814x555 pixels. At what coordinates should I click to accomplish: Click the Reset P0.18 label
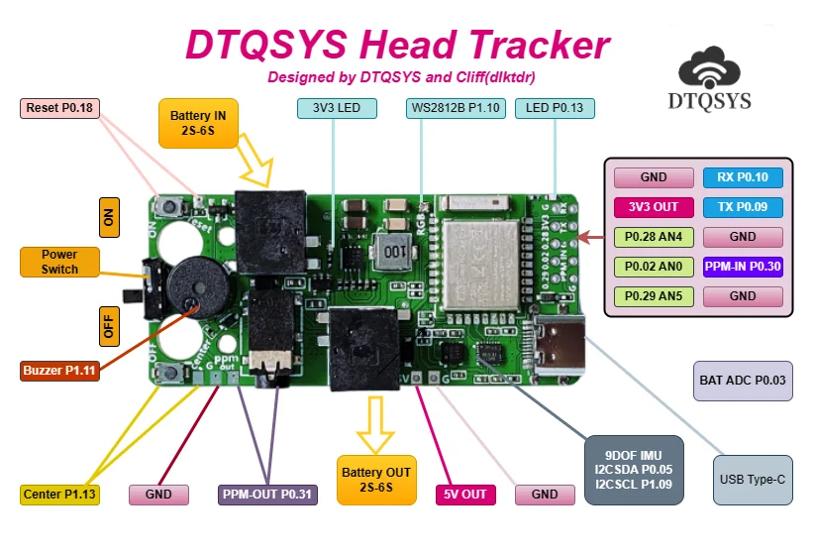tap(60, 108)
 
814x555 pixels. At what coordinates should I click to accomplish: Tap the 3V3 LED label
tap(336, 108)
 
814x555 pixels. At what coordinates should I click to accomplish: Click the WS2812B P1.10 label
tap(456, 108)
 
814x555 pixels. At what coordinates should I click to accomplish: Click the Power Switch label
tap(59, 262)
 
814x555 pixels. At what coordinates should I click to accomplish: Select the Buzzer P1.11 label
tap(59, 371)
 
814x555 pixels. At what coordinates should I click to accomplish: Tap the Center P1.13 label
tap(59, 494)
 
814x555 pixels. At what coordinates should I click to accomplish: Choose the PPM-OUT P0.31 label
tap(267, 494)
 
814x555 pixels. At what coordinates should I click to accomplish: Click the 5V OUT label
tap(464, 494)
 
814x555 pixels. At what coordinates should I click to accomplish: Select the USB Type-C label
tap(753, 480)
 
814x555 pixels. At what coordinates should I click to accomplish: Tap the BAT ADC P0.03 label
tap(743, 381)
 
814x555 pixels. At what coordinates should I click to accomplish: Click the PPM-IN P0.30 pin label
tap(743, 267)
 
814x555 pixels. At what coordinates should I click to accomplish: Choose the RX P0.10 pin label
tap(743, 177)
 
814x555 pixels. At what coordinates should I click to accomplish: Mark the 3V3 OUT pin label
tap(654, 207)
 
